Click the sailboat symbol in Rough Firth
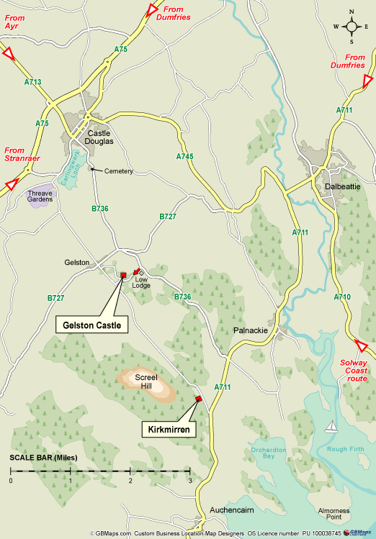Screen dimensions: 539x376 coord(332,427)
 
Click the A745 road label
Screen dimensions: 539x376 coord(185,156)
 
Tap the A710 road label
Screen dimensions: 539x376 coord(342,296)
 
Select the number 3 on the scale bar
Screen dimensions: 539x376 coord(189,480)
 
